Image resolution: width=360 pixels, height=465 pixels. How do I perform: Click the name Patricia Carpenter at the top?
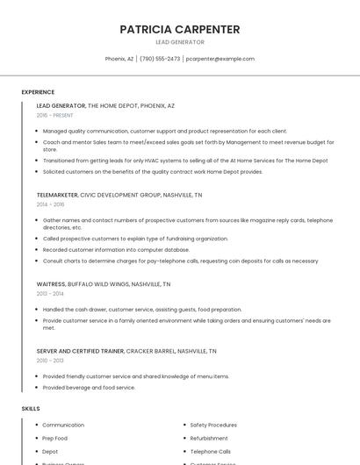tap(179, 29)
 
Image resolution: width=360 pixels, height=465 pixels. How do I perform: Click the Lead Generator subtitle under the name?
tap(179, 42)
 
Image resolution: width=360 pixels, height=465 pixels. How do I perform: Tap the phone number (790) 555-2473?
tap(160, 59)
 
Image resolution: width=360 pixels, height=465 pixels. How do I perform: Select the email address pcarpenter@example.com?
tap(220, 59)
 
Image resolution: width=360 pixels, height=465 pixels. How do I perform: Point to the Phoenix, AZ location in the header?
tap(119, 59)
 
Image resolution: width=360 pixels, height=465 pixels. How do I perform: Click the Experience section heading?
tap(38, 92)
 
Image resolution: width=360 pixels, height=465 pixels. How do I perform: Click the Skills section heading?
tap(31, 409)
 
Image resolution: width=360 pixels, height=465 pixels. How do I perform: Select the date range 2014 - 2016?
tap(50, 204)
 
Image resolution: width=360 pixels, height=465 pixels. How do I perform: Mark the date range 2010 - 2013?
tap(50, 361)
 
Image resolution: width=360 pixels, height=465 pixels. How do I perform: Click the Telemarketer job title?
tap(57, 195)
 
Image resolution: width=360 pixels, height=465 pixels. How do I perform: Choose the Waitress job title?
tap(51, 284)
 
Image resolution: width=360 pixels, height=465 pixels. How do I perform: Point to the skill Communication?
tap(63, 425)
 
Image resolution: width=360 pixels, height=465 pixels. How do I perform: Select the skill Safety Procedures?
tap(213, 425)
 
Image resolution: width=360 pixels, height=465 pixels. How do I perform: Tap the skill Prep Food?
tap(55, 438)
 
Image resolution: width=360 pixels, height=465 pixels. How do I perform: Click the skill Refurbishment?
tap(209, 438)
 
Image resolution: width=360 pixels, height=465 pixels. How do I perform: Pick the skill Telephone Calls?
tap(210, 451)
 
